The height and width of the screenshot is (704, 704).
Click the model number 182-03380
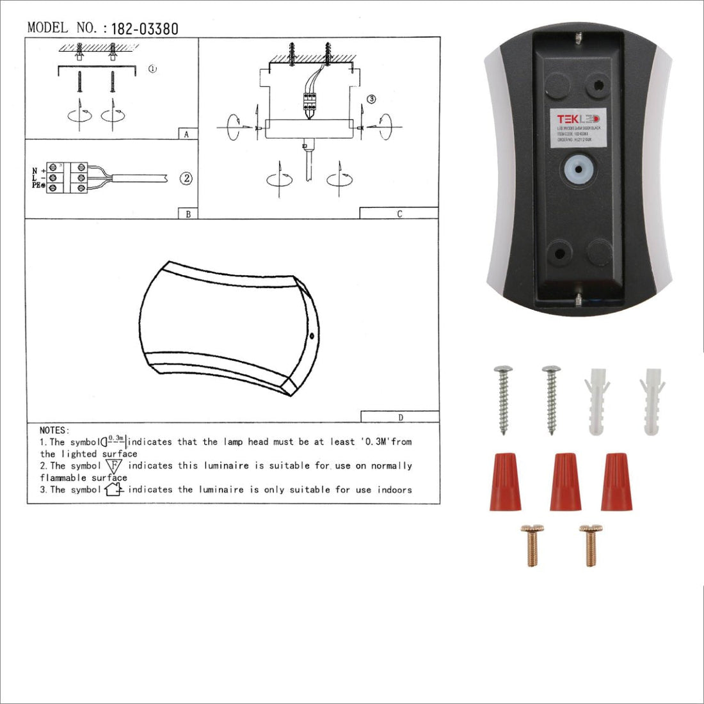[145, 29]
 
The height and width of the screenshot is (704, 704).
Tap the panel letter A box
[187, 134]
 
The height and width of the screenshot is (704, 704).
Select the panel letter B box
[188, 214]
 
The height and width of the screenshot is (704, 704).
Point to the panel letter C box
[399, 214]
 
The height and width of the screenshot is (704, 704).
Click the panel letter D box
[401, 417]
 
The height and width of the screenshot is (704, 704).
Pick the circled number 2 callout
[186, 179]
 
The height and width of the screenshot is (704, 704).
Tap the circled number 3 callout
[371, 99]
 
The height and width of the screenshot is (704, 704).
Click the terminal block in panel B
[67, 179]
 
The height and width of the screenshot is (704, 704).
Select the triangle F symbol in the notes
[114, 466]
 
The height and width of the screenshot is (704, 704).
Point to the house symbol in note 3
[113, 490]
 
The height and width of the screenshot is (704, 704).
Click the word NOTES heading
[54, 431]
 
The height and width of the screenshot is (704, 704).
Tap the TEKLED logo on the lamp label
[577, 119]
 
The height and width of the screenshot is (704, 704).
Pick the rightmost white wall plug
[652, 401]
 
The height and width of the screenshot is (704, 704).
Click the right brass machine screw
[590, 545]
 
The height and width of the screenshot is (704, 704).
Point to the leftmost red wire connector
[505, 481]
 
